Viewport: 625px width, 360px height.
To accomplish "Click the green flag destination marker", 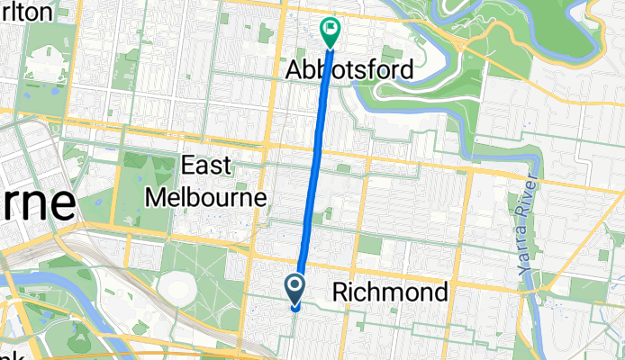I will click(331, 31).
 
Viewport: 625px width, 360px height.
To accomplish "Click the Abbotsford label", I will click(350, 69).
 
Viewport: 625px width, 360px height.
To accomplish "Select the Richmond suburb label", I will click(390, 292).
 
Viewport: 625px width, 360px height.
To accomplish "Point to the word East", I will click(207, 166).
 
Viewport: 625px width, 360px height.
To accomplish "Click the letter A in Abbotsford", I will click(294, 69).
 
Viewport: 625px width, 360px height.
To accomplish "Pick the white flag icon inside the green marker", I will click(331, 29).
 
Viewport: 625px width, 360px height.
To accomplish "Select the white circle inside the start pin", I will click(296, 286).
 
